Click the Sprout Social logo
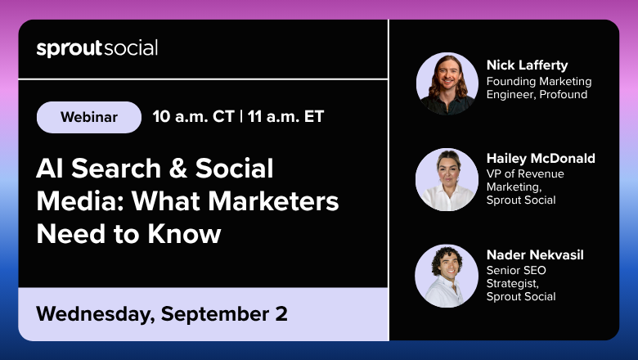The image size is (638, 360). [x=97, y=48]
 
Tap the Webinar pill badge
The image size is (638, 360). [x=89, y=117]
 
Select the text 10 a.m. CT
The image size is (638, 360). [x=193, y=117]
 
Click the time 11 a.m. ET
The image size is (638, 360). [x=285, y=117]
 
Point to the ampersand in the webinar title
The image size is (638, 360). [x=178, y=168]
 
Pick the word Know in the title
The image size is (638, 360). [x=184, y=234]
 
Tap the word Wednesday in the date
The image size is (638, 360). [x=96, y=314]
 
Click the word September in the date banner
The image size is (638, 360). [x=215, y=314]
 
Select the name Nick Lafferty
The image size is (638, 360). [x=528, y=65]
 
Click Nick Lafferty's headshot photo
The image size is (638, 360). [x=447, y=83]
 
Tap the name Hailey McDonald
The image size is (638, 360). [x=541, y=158]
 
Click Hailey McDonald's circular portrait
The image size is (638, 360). [x=447, y=179]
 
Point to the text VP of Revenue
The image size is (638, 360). [x=525, y=173]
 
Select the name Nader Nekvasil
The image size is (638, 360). [x=535, y=255]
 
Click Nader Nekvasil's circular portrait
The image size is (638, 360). [x=447, y=276]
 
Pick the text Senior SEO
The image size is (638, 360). [x=516, y=271]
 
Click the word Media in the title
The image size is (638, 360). [x=80, y=201]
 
